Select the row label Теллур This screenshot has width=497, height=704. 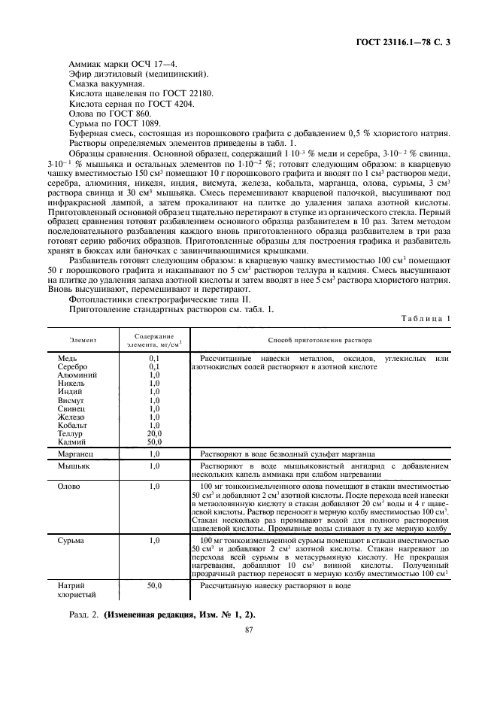pos(71,434)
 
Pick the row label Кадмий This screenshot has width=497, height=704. pos(72,442)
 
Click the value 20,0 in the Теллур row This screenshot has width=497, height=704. pos(154,434)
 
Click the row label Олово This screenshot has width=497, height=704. pos(70,487)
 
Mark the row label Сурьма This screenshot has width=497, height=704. pos(71,540)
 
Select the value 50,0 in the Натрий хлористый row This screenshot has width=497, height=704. pos(154,584)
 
